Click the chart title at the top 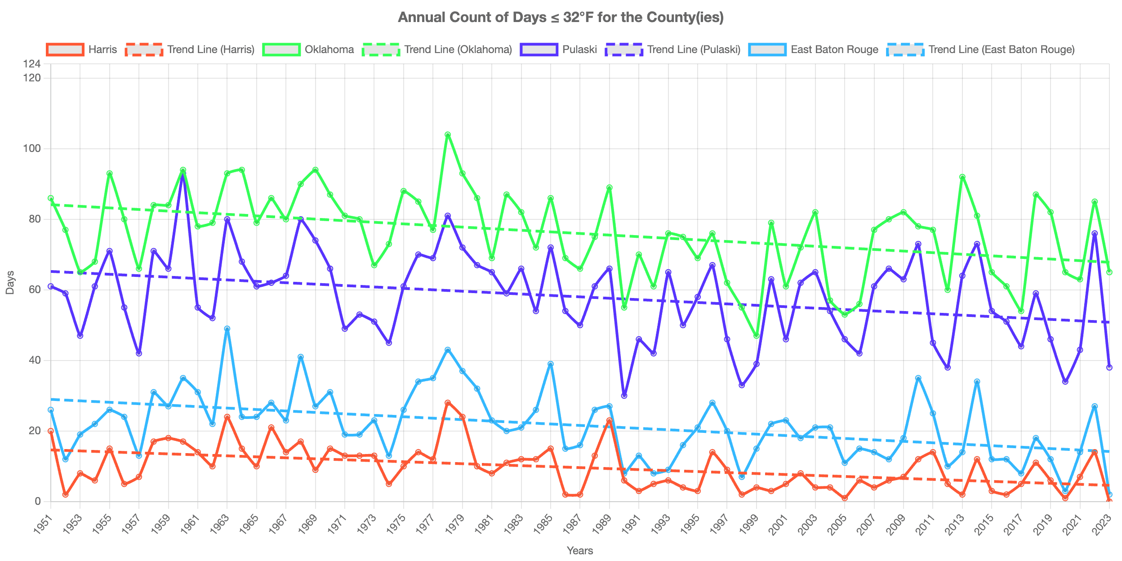(x=561, y=17)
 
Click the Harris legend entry (x=82, y=49)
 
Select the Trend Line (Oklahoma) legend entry (x=437, y=49)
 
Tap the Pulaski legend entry (x=559, y=49)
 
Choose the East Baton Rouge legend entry (x=814, y=49)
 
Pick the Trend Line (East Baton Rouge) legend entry (x=981, y=49)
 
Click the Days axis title (x=10, y=283)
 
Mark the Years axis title (x=580, y=551)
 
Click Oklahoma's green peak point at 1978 (x=448, y=134)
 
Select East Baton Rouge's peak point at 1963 (x=227, y=329)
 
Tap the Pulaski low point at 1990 (x=624, y=396)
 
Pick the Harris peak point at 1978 (x=448, y=403)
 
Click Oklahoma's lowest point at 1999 (x=757, y=336)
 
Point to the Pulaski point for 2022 (x=1095, y=233)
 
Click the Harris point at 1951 (x=51, y=431)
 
